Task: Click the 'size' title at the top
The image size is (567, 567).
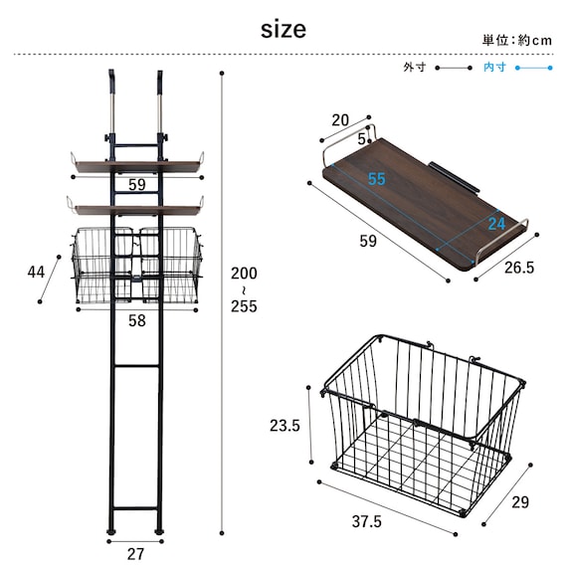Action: point(283,30)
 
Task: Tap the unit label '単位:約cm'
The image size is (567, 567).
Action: point(517,40)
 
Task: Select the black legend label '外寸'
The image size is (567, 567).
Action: point(415,68)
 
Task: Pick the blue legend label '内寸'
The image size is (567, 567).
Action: point(494,68)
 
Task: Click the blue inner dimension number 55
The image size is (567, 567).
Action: point(377,179)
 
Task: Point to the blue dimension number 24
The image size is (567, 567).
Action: point(496,224)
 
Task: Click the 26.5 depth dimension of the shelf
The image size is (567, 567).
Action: point(519,268)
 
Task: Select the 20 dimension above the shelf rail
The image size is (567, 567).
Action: point(340,120)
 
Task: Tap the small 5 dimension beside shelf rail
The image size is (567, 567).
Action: point(362,139)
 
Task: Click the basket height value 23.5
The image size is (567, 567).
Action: point(284,426)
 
